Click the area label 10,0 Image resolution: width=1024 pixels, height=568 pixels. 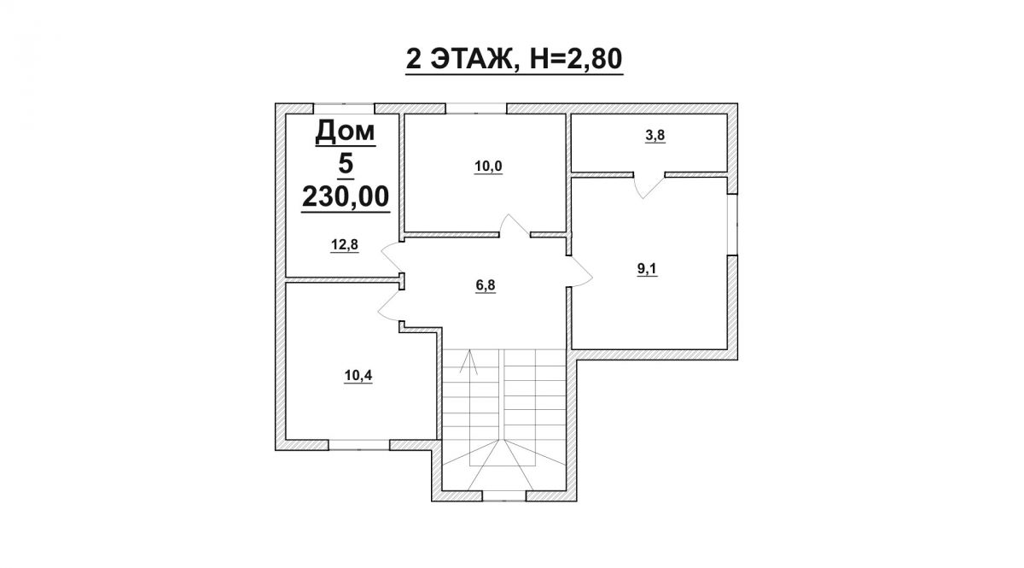tap(488, 167)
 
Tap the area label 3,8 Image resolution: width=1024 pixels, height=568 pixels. tap(655, 136)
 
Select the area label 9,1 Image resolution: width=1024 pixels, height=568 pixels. tap(647, 269)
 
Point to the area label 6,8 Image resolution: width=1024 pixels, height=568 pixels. tap(486, 285)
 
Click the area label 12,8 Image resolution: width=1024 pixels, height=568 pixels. tap(345, 245)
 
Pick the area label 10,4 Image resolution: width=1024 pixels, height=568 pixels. tap(358, 376)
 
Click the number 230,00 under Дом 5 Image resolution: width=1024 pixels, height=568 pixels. tap(346, 196)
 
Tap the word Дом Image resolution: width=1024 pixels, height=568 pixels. tap(345, 132)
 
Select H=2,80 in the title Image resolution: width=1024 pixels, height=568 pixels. tap(576, 59)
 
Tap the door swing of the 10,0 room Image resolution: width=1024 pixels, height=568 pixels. tap(515, 225)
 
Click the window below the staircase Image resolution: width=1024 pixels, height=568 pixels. tap(504, 496)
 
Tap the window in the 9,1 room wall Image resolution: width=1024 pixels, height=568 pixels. tap(732, 225)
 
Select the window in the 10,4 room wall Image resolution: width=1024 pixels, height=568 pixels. tap(359, 445)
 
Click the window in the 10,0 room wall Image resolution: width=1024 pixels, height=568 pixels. tap(476, 108)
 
